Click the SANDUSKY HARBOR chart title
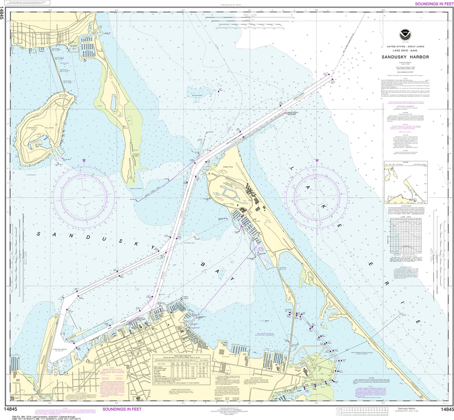tap(403, 57)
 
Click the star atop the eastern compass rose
tap(317, 159)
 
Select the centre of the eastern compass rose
tap(317, 195)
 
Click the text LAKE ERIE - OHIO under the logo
tap(403, 50)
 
